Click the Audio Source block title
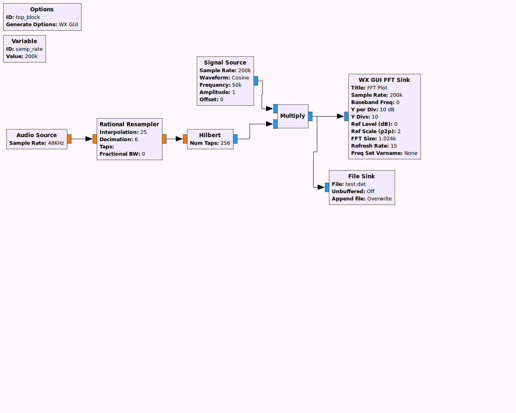coord(37,135)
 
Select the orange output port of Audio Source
coord(69,139)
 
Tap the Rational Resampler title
coord(129,124)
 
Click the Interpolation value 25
coord(144,132)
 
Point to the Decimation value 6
coord(136,140)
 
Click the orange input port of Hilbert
coord(185,139)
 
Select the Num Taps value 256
coord(225,143)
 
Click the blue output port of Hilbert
coord(235,139)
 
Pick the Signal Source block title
coord(225,63)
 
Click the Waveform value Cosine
coord(240,78)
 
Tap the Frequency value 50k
coord(237,85)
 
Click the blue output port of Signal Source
coord(256,81)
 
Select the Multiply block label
coord(293,116)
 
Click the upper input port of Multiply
coord(275,108)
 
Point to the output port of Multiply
coord(310,116)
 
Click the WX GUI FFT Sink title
coord(384,80)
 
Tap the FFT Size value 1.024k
coord(387,139)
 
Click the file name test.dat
coord(356,184)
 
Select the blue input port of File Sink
coord(327,187)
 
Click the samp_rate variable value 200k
coord(31,56)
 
